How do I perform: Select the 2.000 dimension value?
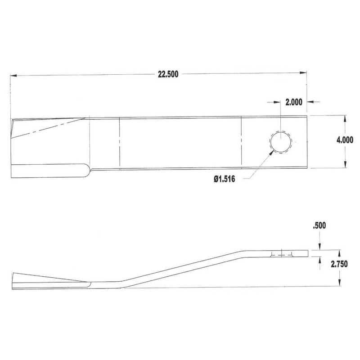(293, 102)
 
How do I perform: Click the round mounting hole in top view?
(280, 143)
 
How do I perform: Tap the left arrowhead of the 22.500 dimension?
(13, 75)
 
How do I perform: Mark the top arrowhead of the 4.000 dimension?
(344, 118)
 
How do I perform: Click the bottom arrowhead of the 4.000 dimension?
(344, 166)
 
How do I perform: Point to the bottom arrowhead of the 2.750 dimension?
(338, 285)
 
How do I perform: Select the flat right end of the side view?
(309, 254)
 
